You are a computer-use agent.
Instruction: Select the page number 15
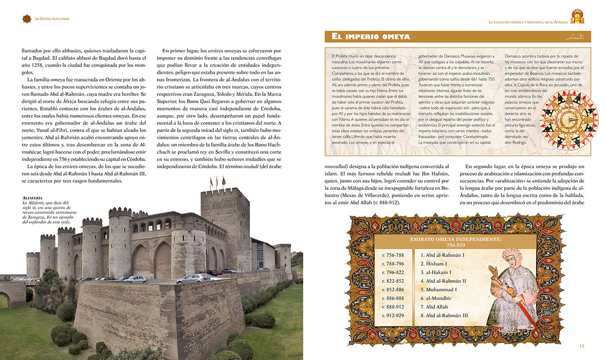[582, 346]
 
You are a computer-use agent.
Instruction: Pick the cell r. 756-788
[394, 255]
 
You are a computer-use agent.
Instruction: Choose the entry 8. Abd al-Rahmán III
[444, 316]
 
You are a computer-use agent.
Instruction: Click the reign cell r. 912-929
[394, 316]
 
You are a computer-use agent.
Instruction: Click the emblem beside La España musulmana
[26, 19]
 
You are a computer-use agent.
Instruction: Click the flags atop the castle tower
[218, 181]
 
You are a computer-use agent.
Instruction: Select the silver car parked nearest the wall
[193, 278]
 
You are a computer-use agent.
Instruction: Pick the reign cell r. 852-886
[394, 290]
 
